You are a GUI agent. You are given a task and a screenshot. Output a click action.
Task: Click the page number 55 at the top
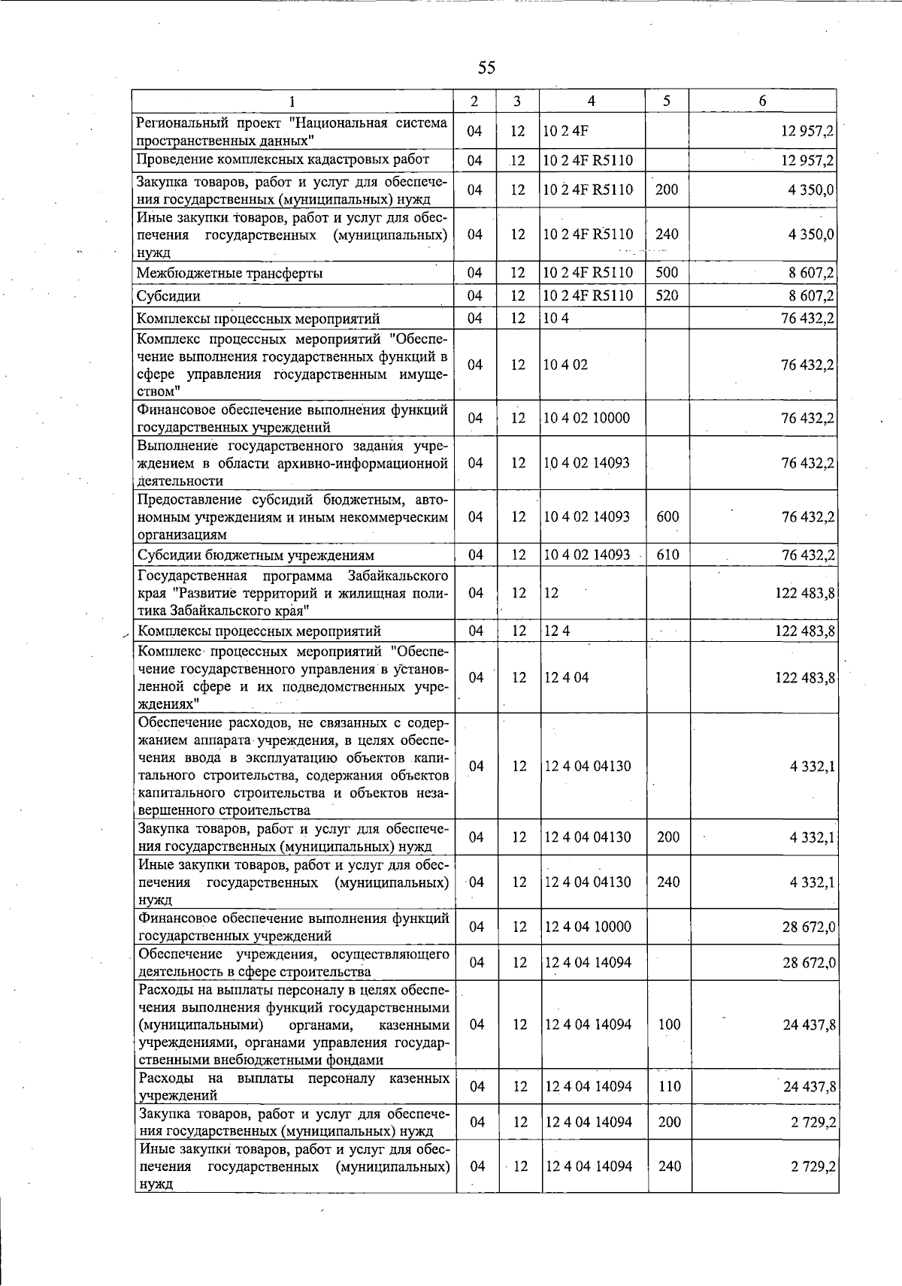(486, 68)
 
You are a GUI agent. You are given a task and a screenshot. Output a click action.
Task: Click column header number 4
(592, 101)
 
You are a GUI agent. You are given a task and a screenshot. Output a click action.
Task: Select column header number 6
(762, 101)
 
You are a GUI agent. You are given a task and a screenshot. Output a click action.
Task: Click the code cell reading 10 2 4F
(566, 131)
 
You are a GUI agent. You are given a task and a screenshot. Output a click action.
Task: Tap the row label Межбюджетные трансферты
(229, 273)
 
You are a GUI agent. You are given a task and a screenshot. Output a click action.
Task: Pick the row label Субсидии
(168, 296)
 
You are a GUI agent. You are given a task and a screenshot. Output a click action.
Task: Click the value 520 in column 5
(667, 295)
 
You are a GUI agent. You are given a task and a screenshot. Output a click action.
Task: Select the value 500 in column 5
(667, 272)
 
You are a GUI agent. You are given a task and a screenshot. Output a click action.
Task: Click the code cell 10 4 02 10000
(587, 418)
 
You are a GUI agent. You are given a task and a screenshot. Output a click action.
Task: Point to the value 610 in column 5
(667, 555)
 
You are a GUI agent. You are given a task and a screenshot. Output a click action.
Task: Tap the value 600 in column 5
(667, 516)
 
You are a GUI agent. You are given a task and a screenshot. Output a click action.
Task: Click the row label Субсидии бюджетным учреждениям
(256, 555)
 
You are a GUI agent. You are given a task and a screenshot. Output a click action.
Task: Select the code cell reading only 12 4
(557, 631)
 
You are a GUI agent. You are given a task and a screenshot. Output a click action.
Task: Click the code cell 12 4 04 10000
(588, 927)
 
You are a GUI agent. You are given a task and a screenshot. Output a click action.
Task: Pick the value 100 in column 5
(669, 1024)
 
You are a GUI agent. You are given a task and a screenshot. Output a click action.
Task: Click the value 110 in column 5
(669, 1086)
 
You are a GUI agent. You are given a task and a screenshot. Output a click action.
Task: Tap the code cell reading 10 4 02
(566, 365)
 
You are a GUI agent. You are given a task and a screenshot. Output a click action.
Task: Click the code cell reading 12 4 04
(567, 677)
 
